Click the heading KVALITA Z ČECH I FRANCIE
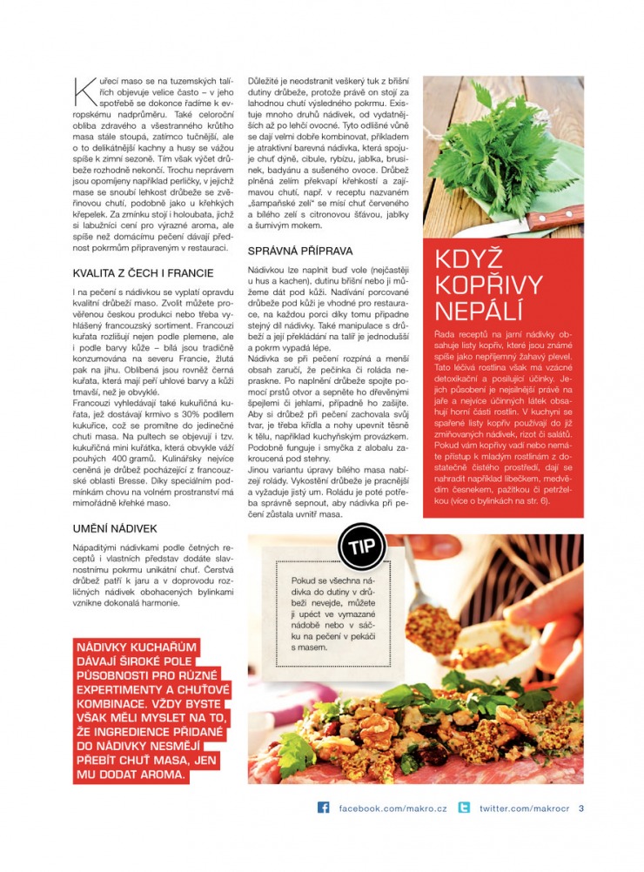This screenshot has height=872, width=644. [144, 273]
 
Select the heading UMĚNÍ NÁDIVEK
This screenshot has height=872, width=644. [115, 528]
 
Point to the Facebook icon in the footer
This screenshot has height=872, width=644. [324, 808]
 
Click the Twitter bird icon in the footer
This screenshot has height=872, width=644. [464, 808]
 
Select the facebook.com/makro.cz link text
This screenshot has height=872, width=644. [392, 808]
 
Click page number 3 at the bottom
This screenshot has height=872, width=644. [581, 808]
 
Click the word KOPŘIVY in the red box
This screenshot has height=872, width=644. [488, 285]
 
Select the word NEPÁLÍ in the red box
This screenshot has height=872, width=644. [479, 311]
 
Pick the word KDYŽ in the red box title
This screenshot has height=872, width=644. [470, 259]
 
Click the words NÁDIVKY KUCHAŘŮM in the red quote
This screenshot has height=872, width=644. [138, 648]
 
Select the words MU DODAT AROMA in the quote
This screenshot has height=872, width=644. [131, 774]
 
